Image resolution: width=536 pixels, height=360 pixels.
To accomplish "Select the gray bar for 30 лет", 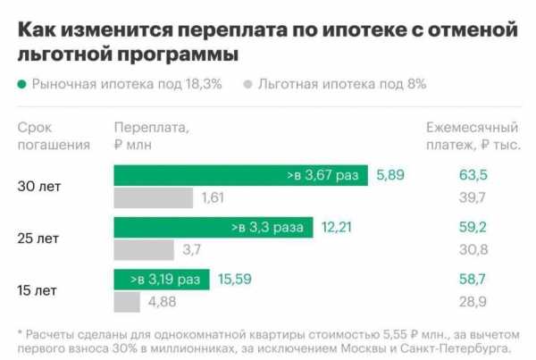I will click(153, 197).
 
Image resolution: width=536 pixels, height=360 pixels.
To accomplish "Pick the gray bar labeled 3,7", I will click(144, 249).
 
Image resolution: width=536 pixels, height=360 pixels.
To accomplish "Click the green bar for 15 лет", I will click(161, 280).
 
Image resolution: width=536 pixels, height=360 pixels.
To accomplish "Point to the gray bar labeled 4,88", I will click(127, 302).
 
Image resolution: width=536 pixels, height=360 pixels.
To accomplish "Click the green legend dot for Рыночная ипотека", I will click(21, 85).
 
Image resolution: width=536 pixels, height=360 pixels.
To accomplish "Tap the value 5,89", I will click(390, 175).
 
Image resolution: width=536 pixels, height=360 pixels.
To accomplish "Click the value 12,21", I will click(337, 227).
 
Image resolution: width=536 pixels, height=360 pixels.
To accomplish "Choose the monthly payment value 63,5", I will click(472, 175).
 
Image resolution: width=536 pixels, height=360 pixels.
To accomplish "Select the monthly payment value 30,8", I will click(472, 249).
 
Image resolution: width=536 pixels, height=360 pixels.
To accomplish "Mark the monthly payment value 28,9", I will click(472, 302).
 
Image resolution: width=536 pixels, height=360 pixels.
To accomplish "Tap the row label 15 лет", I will click(38, 290).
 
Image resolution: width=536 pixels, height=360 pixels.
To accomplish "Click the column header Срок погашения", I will click(54, 135).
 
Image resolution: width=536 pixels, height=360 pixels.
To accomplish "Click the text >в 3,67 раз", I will click(322, 175).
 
